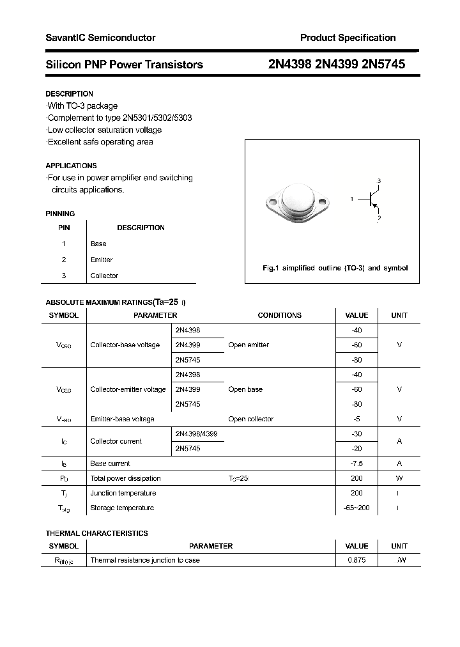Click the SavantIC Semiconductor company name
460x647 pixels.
(x=100, y=38)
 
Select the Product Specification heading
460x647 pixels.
(x=348, y=38)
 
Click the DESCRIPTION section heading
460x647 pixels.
(x=69, y=94)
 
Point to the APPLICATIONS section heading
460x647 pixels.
(x=71, y=166)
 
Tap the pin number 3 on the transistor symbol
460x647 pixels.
(x=379, y=181)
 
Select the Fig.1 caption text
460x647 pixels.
(x=335, y=269)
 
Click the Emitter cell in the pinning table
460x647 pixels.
(x=102, y=260)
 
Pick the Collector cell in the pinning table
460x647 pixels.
(x=104, y=276)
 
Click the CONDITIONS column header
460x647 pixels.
(x=279, y=315)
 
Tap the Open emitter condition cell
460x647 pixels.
(x=249, y=345)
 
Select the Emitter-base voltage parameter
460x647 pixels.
(x=122, y=419)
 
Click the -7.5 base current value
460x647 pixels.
(x=356, y=464)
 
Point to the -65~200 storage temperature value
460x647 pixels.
(x=356, y=508)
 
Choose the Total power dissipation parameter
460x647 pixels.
(x=125, y=478)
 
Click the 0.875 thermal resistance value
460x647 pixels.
(x=356, y=560)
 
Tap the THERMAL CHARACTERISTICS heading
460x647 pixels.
(x=96, y=533)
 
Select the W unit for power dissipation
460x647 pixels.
(x=399, y=478)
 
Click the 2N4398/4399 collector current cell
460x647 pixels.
(x=196, y=434)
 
